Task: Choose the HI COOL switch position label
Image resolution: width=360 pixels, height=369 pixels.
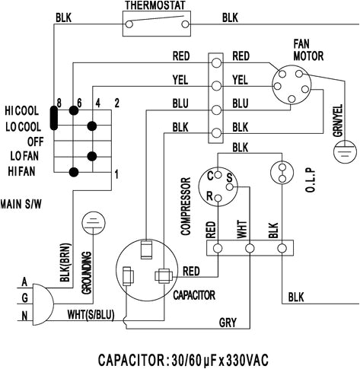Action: [25, 111]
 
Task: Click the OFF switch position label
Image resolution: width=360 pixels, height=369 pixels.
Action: [37, 140]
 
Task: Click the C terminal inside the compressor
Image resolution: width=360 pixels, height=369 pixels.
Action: [211, 176]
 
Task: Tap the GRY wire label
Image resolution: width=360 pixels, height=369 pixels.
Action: [228, 322]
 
